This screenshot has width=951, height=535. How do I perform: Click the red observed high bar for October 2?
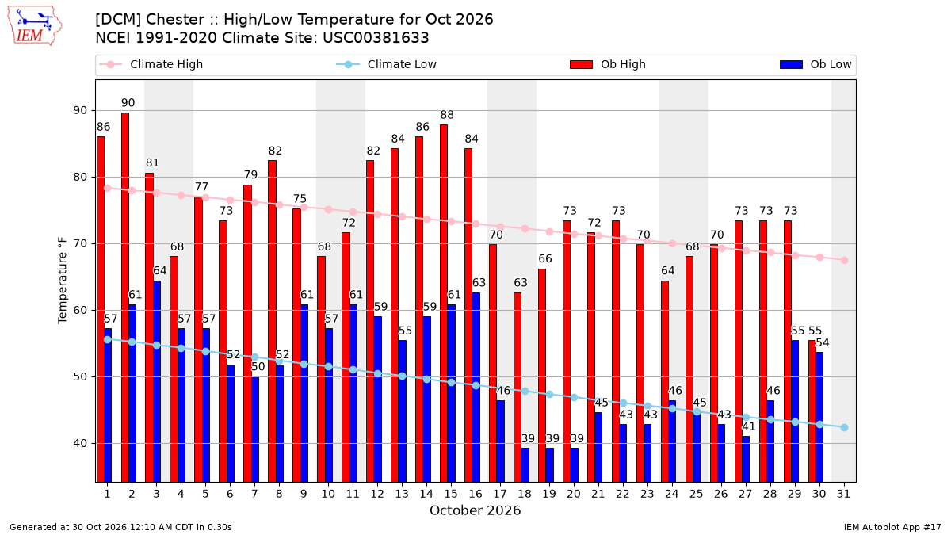[125, 297]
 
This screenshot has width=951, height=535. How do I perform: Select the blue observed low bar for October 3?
[157, 381]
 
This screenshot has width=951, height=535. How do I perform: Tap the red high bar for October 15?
[444, 303]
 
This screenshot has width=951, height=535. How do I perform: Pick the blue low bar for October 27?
[746, 459]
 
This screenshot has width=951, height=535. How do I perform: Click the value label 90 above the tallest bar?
[128, 103]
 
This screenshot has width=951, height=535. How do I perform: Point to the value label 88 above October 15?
[447, 115]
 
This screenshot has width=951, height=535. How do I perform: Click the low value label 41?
[748, 426]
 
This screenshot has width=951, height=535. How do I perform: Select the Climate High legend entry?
[151, 64]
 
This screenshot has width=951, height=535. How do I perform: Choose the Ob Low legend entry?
[815, 64]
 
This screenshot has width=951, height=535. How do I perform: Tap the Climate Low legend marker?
[348, 64]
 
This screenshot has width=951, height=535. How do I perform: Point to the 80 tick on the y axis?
[80, 177]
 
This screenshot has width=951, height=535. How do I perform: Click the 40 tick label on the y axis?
[80, 443]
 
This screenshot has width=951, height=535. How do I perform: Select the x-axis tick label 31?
[843, 494]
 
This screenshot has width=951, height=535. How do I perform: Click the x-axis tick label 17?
[500, 494]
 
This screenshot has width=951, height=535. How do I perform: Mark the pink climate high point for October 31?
[844, 260]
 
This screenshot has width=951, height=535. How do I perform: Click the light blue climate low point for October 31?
[844, 427]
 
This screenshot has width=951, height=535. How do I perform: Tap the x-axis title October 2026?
[475, 510]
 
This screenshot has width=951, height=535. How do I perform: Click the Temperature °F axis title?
[63, 281]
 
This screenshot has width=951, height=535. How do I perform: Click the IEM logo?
[34, 26]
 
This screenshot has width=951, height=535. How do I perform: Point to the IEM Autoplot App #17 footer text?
[892, 527]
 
